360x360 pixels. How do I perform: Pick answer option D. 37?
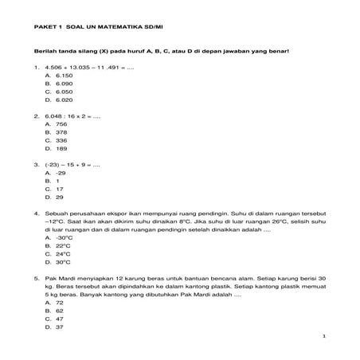click(54, 327)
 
